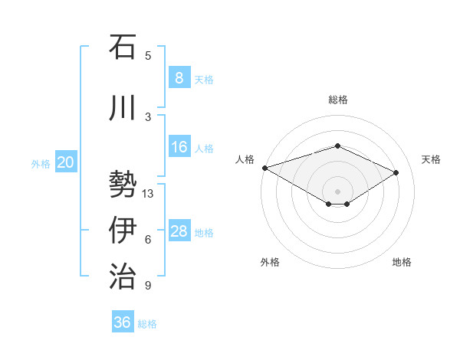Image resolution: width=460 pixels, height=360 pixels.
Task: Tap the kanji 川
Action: click(123, 108)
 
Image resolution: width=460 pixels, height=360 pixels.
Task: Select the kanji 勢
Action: click(123, 185)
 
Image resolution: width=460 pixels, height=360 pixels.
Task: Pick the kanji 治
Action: click(123, 276)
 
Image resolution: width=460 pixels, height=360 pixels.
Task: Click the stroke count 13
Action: click(149, 194)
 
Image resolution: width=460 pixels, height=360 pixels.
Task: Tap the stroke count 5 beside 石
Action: click(148, 56)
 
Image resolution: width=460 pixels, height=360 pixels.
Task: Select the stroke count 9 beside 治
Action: click(148, 286)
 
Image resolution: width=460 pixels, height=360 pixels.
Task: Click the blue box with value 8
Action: click(179, 77)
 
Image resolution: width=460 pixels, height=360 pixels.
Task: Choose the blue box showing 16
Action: click(179, 147)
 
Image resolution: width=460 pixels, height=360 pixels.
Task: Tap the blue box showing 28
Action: click(179, 231)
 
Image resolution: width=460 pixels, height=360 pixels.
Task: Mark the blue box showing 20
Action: click(66, 162)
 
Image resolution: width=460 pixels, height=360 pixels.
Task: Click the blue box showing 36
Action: click(122, 322)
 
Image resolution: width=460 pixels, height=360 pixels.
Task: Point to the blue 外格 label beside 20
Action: click(41, 163)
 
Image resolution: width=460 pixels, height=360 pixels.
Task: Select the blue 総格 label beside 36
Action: click(147, 324)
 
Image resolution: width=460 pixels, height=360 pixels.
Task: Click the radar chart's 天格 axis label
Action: click(431, 159)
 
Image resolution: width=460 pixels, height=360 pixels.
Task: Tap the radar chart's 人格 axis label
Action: click(245, 159)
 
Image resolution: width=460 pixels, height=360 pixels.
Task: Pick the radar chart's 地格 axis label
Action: click(402, 262)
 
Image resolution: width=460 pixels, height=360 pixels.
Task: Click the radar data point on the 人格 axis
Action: click(264, 168)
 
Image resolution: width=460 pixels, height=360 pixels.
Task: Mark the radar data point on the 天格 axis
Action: click(396, 172)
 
